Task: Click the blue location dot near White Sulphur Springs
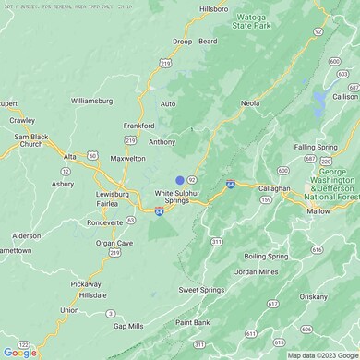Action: coord(180,180)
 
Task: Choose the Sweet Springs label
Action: coord(201,290)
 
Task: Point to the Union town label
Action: coord(69,310)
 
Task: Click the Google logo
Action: coord(19,352)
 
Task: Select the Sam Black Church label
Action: coord(30,140)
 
